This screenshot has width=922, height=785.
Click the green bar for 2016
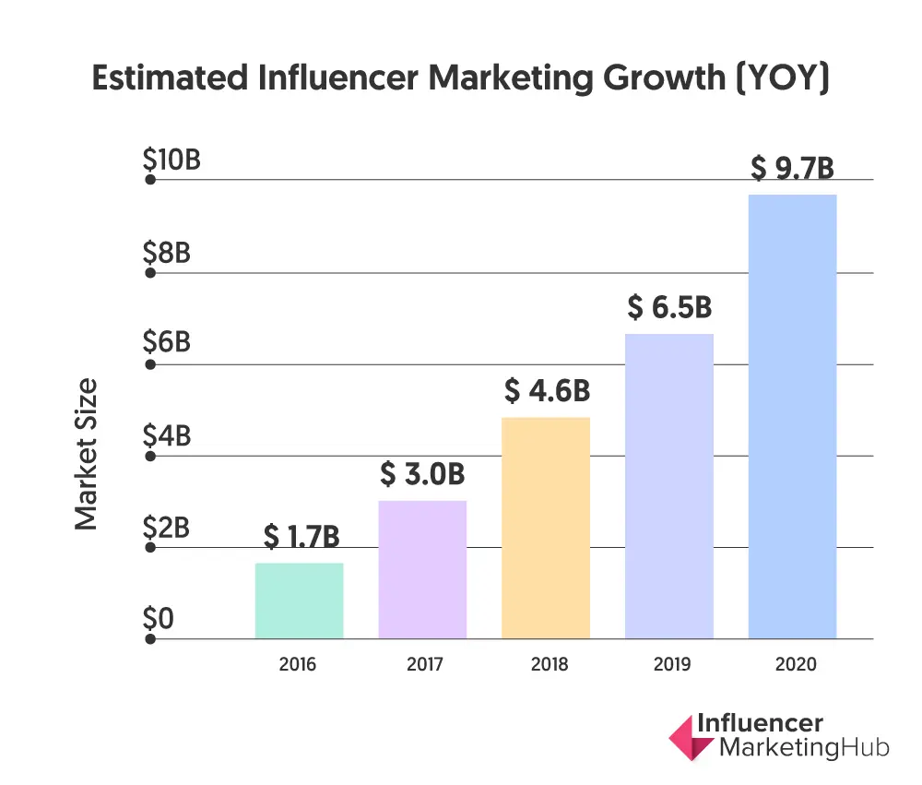coord(299,601)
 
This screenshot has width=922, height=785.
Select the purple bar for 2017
coord(422,569)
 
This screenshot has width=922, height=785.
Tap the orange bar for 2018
coord(546,528)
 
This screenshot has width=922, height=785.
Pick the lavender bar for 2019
coord(669,486)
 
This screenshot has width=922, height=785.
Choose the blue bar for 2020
coord(792,416)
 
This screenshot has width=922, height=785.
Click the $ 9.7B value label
coord(792,169)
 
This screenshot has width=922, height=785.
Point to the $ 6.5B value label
coord(669,307)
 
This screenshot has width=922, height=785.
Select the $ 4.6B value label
coord(547,391)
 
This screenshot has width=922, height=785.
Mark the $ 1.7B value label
coord(300,536)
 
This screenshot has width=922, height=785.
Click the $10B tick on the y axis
coord(171,161)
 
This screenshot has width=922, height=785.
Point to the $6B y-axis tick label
coord(167,343)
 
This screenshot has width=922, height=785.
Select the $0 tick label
coord(158,619)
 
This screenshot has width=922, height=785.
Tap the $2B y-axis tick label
coord(167,528)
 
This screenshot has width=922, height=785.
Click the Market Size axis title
coord(86,454)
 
